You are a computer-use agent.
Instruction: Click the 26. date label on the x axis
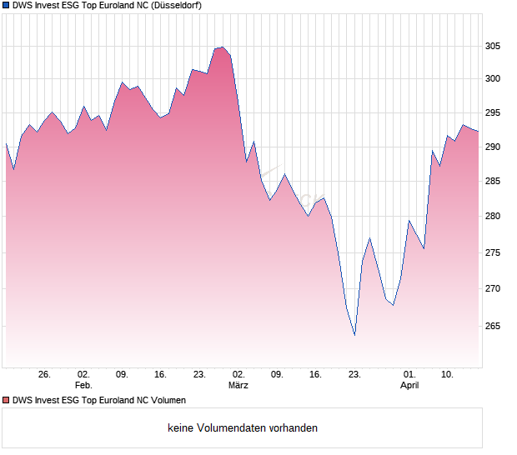(x=45, y=375)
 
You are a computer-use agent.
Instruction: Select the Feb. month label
(x=83, y=386)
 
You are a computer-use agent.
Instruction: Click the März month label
(x=238, y=386)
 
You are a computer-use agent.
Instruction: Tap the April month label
(x=409, y=386)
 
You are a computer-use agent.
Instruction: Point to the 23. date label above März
(x=199, y=375)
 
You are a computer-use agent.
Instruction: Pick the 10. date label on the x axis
(x=448, y=375)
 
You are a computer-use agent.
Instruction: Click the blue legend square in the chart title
(x=6, y=5)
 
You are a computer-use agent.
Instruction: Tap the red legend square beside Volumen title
(x=6, y=400)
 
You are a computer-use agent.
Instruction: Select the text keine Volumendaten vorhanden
(x=243, y=428)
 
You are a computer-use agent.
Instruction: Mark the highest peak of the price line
(x=222, y=47)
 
